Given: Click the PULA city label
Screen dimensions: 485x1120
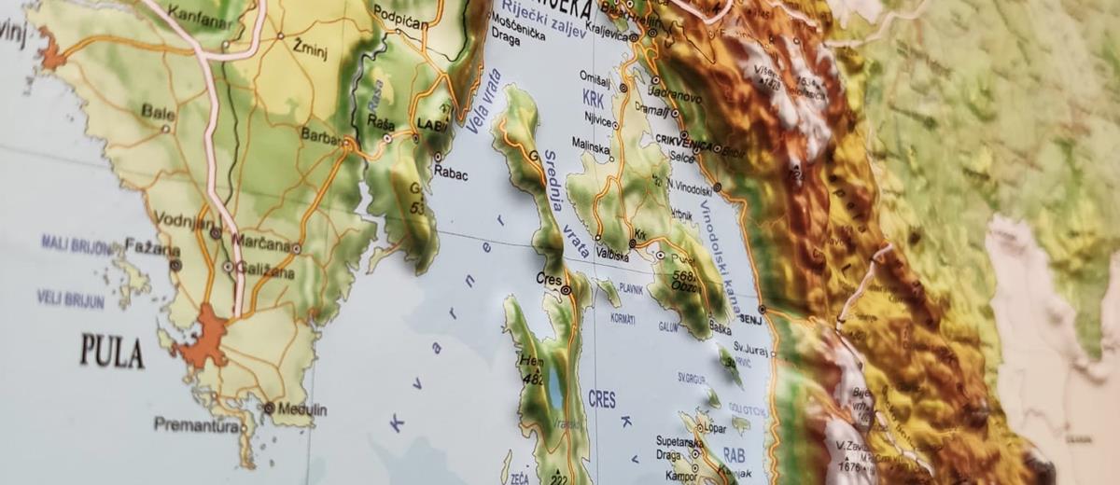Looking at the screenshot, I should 111,352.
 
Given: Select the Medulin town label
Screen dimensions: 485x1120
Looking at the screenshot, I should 301,409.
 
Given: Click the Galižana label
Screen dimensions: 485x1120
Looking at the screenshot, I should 264,272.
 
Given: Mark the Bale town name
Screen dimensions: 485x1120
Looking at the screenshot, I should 158,111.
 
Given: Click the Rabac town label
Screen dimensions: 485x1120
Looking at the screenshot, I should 451,173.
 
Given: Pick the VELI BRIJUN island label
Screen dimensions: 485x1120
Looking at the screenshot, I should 70,299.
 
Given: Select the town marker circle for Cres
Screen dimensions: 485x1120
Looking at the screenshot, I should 566,291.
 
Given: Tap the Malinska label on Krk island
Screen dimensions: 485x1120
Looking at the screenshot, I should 590,145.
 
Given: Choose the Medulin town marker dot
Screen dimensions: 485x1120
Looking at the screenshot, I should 269,408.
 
